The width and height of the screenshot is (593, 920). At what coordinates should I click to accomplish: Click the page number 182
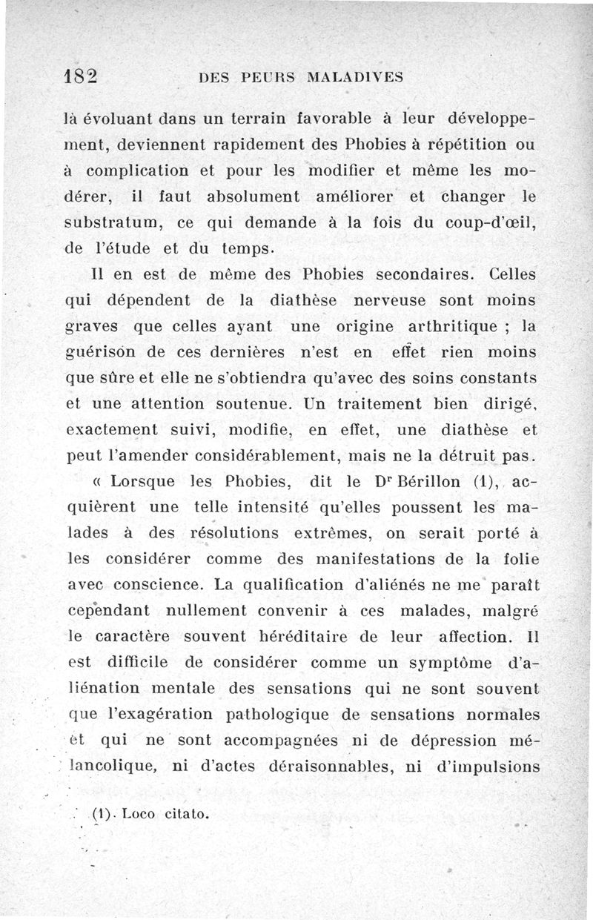pyautogui.click(x=82, y=76)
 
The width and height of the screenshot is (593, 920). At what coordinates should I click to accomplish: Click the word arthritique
pyautogui.click(x=454, y=326)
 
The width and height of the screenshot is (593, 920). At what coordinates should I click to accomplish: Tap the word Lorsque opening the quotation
pyautogui.click(x=140, y=482)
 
